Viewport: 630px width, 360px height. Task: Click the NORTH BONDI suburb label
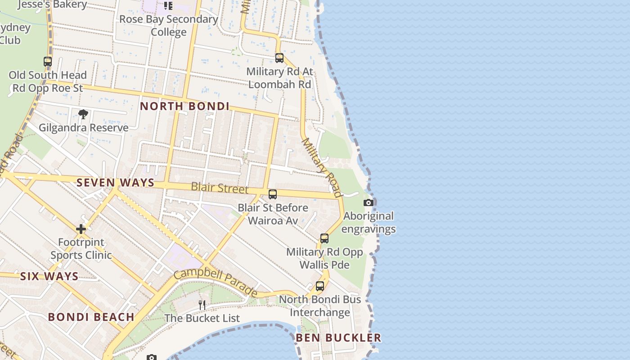(x=184, y=106)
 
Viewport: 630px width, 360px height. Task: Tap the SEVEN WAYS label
(x=115, y=183)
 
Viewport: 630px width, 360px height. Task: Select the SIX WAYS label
(x=49, y=276)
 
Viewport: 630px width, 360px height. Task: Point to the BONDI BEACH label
(x=91, y=317)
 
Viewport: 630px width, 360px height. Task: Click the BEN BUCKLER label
(x=338, y=337)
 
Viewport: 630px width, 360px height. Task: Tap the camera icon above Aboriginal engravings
(x=369, y=203)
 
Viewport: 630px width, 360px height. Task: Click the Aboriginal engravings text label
(x=369, y=222)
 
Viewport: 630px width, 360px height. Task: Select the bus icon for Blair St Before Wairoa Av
(x=273, y=194)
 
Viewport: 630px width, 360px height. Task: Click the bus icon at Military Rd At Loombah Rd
(x=279, y=58)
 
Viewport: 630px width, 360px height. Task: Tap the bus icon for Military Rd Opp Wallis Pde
(x=324, y=238)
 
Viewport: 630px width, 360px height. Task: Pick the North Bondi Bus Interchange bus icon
(x=320, y=286)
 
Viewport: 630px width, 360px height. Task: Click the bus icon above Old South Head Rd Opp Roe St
(x=48, y=62)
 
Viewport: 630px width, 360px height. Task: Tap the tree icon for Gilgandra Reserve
(x=83, y=114)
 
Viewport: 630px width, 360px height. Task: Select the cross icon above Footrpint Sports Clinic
(x=81, y=229)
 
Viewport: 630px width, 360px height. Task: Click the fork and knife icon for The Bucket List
(x=202, y=305)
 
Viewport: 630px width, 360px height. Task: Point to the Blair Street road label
(x=220, y=188)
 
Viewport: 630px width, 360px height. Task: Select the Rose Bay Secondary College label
(x=169, y=26)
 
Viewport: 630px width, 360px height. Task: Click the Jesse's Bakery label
(x=53, y=4)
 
